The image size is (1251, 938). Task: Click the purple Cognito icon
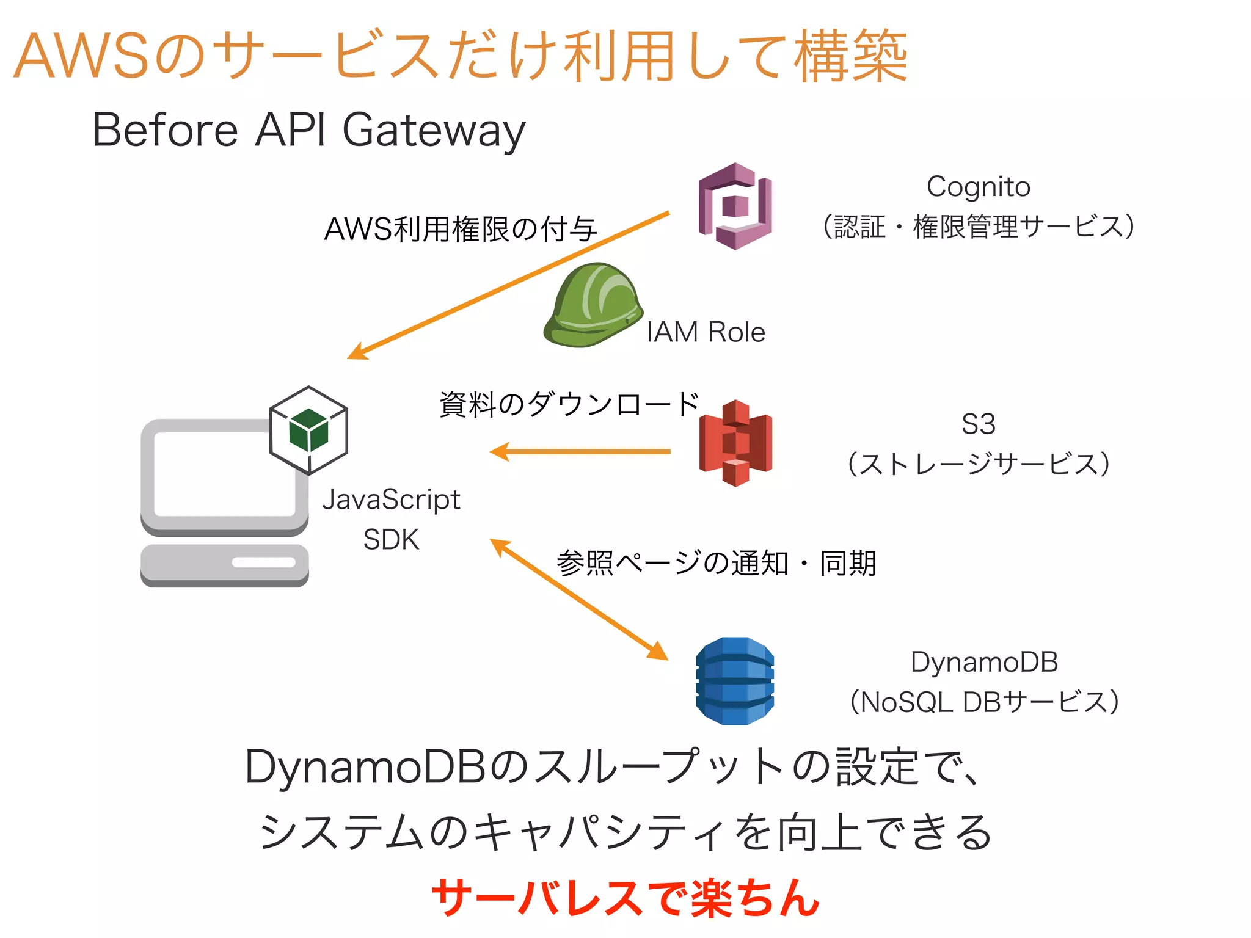point(735,206)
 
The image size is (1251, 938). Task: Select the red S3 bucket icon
point(735,443)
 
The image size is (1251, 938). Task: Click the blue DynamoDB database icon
point(735,681)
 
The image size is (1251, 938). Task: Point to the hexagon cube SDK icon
point(308,430)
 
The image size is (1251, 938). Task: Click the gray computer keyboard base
point(225,565)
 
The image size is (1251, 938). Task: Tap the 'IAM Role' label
point(706,332)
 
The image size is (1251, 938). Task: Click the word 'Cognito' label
point(978,186)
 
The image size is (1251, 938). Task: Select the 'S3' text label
point(978,424)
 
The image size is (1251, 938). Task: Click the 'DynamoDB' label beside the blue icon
point(984,662)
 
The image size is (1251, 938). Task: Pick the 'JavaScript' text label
point(391,500)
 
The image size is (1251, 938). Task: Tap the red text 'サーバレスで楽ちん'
point(625,898)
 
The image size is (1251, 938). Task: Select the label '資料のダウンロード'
point(569,404)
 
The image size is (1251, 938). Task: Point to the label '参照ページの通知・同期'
point(716,562)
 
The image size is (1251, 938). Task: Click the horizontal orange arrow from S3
point(580,452)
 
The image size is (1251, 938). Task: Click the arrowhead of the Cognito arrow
point(357,352)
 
